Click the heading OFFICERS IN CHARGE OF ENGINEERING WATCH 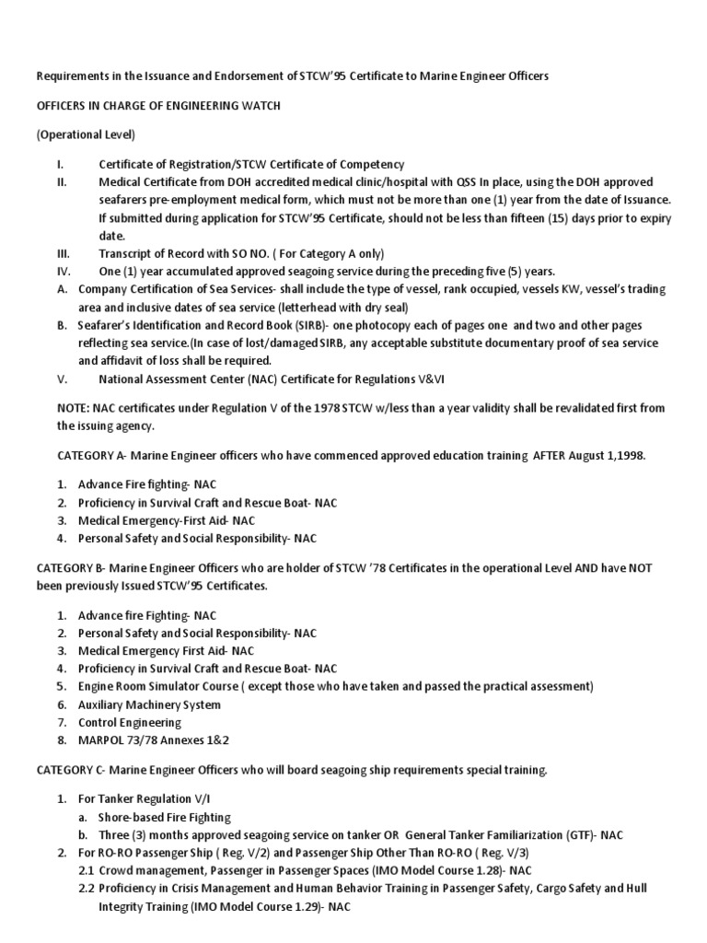point(158,106)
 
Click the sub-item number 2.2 point(86,888)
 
